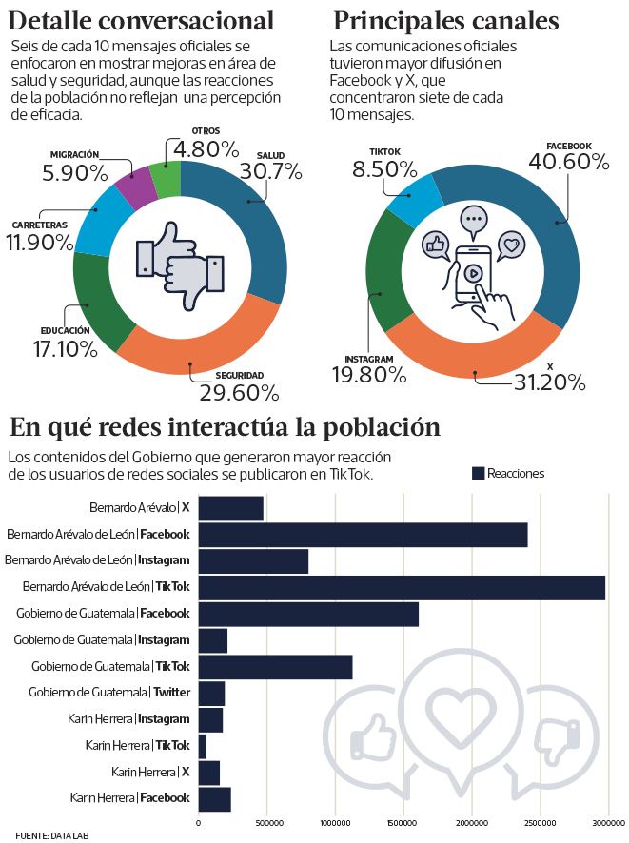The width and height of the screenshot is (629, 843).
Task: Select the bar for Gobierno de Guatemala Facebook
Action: (x=308, y=614)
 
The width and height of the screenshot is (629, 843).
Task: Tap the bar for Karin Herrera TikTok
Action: (x=202, y=746)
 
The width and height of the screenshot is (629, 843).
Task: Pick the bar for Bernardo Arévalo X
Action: (x=230, y=508)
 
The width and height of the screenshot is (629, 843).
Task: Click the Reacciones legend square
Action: (x=478, y=473)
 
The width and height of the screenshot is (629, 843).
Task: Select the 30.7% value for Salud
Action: (x=271, y=172)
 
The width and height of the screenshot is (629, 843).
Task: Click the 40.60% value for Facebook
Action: (x=568, y=162)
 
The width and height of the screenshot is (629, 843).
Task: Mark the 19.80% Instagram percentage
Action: (x=366, y=374)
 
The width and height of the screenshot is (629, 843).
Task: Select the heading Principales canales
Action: (x=444, y=20)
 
